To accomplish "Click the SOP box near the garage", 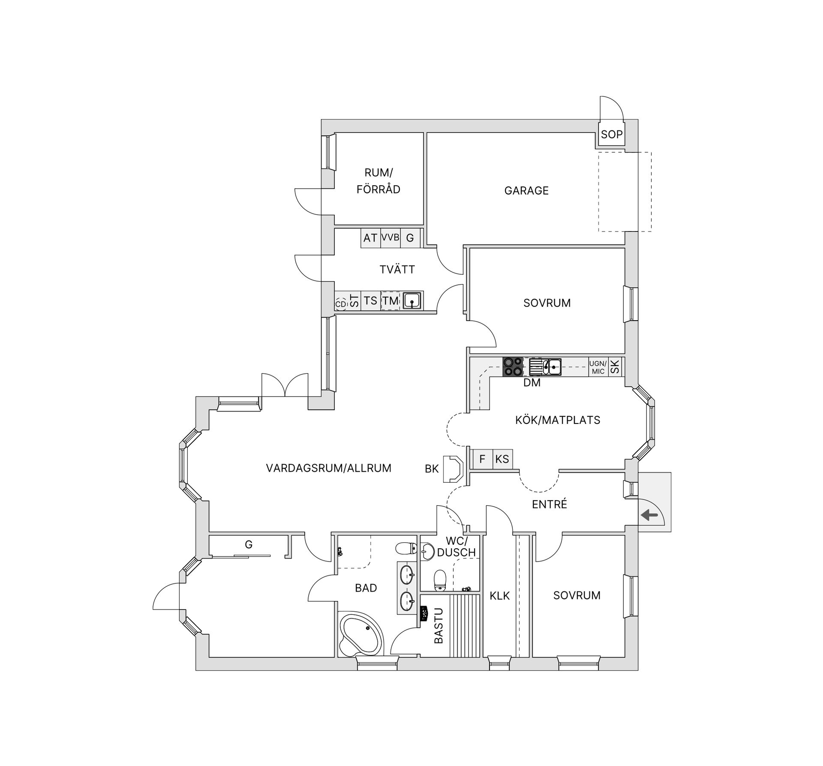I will tap(611, 135).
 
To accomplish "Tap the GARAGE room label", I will tap(526, 191).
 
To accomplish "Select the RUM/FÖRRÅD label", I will tap(378, 181).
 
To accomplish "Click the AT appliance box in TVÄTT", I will tap(370, 238).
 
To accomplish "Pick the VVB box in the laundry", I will tap(390, 237).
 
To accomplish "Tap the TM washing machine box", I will tap(390, 301).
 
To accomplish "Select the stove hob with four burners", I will tap(512, 367).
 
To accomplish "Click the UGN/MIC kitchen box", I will tap(598, 367).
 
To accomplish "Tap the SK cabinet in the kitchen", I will tap(615, 367).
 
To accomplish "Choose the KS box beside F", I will tap(502, 459).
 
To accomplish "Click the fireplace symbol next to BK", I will tap(453, 469).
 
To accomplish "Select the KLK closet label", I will tap(499, 595).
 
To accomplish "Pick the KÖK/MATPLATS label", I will tap(558, 420).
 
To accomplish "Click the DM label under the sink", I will tap(532, 383).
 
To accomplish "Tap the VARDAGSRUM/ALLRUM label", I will tap(328, 468).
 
